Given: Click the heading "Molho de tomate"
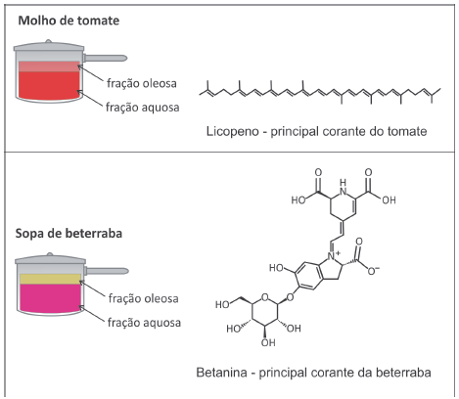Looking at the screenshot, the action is coord(69,21).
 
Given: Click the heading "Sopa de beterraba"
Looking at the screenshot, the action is coord(69,234).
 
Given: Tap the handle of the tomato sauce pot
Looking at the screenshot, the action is coord(105,59).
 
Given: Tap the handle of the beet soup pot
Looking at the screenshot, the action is coord(107,271).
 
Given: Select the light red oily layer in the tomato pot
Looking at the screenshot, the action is coord(49,66).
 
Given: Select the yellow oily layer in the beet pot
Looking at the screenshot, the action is coord(50,279).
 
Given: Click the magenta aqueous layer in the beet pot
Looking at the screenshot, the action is coord(50,297).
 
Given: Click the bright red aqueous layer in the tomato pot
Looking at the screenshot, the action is coord(49,85).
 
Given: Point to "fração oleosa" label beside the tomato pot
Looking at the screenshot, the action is coord(142,83).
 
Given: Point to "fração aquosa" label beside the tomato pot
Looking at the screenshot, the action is coord(143,108).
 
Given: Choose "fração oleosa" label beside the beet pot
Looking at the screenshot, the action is coord(144,298).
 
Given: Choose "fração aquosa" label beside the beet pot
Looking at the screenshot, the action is coord(144,323).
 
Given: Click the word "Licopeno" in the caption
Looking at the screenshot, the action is coord(233,132).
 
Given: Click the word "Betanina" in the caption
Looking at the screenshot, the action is coord(221,373).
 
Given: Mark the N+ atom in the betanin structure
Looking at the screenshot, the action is coord(333,255).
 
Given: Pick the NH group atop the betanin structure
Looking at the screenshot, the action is coord(343,187).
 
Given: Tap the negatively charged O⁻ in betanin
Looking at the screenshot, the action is coord(373,270).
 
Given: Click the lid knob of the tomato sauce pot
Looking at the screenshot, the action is coord(49,41).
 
